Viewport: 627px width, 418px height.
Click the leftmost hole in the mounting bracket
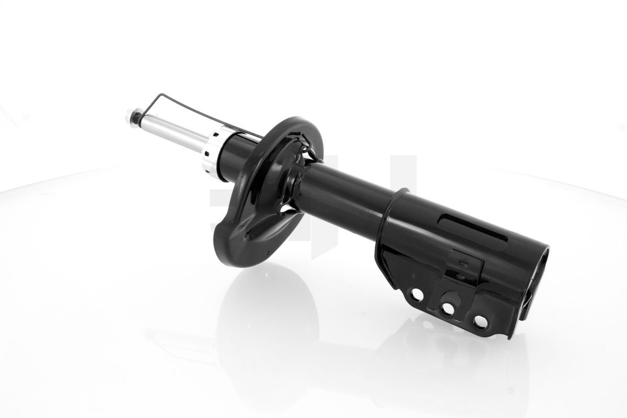pyautogui.click(x=418, y=295)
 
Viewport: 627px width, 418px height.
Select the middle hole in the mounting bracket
pyautogui.click(x=448, y=309)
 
